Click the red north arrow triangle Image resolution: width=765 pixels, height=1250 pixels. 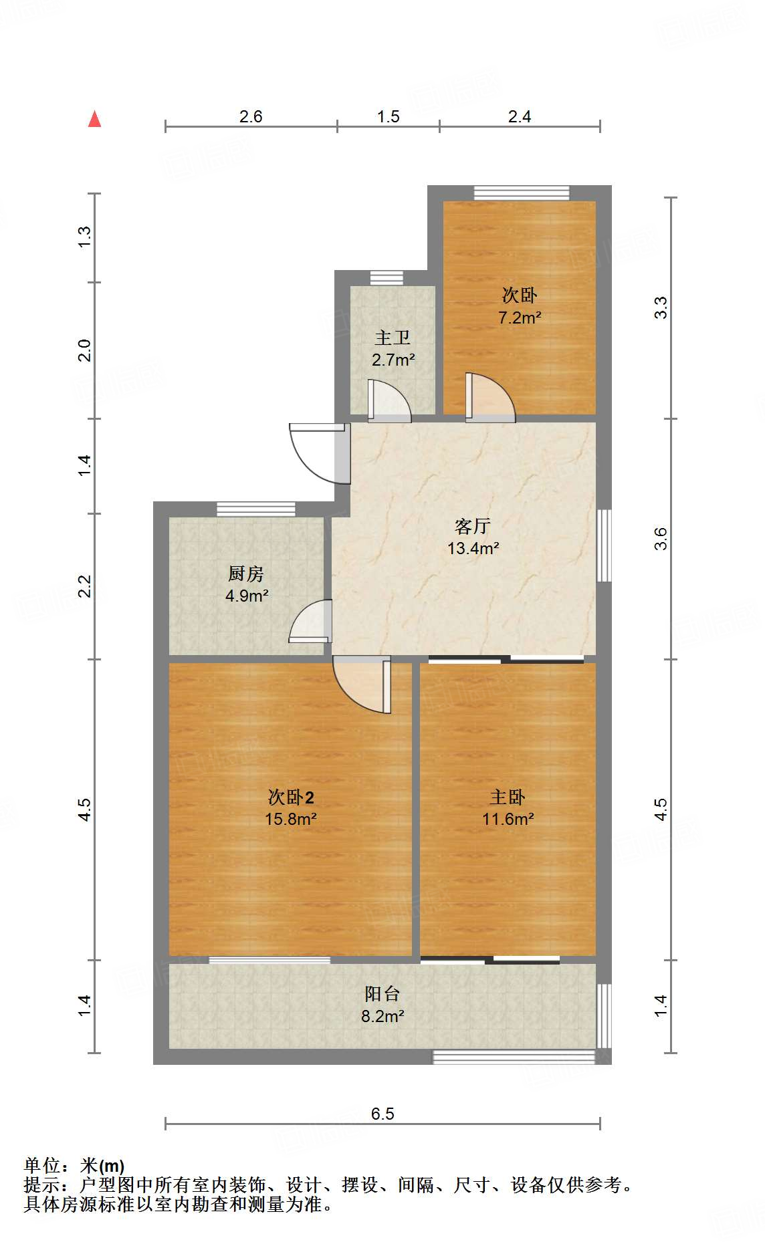tap(95, 120)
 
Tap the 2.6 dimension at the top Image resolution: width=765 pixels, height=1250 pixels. tap(251, 116)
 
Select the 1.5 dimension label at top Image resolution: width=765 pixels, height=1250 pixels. tap(388, 116)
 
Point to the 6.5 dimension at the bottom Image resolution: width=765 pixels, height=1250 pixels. tap(382, 1114)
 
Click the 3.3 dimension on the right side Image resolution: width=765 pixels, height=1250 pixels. tap(661, 307)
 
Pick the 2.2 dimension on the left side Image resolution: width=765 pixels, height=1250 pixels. tap(85, 586)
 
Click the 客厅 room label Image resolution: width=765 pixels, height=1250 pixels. tap(473, 526)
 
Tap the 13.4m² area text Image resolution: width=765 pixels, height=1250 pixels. tap(473, 549)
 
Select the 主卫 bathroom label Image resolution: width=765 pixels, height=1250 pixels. tap(393, 338)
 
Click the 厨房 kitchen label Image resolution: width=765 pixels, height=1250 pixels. tap(246, 574)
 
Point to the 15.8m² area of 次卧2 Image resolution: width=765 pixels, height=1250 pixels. tap(290, 819)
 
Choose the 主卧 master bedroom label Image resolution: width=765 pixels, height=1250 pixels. tap(508, 797)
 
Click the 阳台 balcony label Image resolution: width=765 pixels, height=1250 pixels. tap(382, 994)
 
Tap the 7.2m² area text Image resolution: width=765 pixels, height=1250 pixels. tap(520, 318)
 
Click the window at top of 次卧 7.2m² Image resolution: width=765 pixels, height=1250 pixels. tap(522, 193)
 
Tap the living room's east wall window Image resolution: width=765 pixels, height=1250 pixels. tap(604, 545)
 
